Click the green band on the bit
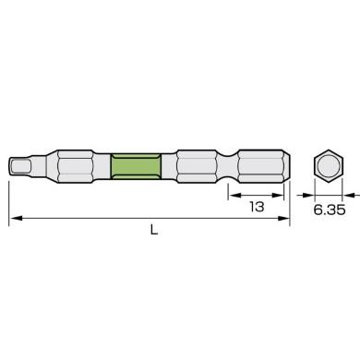point(136,166)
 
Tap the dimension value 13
point(257,207)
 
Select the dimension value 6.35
point(330,210)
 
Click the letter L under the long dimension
point(154,230)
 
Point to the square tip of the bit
point(20,166)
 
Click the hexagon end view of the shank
point(329,165)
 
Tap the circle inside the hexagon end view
point(329,166)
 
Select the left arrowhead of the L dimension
point(16,218)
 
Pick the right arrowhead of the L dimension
point(283,218)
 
